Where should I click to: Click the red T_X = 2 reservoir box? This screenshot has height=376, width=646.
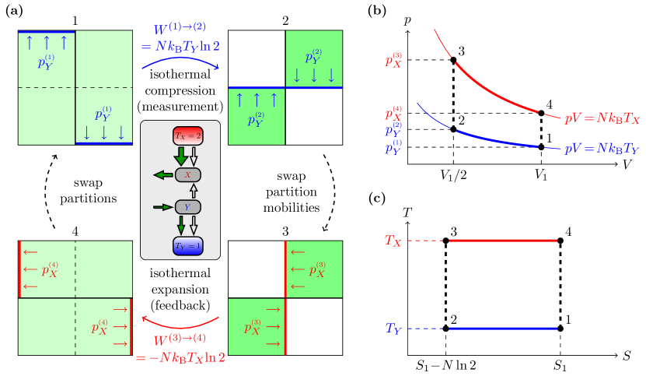coord(187,135)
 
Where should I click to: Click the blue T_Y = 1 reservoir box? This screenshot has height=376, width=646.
coord(187,246)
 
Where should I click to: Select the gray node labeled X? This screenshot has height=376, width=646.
coord(187,175)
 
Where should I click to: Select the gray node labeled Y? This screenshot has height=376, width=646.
coord(187,207)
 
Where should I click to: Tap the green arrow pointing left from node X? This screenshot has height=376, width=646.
coord(163,175)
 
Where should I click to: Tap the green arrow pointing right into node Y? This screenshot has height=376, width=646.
coord(163,207)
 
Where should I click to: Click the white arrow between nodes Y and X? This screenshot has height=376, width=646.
coord(194,191)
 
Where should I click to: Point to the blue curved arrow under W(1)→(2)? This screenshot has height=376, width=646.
coord(180,59)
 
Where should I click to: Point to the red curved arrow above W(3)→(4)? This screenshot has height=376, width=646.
coord(180,323)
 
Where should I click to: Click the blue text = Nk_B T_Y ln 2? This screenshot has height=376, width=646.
coord(180,46)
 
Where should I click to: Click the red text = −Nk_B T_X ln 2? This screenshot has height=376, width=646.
coord(180,357)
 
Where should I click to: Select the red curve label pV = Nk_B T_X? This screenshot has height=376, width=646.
coord(602,118)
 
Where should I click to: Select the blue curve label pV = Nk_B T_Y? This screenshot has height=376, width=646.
coord(602,148)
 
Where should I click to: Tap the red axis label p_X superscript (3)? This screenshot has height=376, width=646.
coord(393,60)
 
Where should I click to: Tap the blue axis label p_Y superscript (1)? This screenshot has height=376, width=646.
coord(393,147)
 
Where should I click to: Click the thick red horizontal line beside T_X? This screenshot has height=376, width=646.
coord(503,241)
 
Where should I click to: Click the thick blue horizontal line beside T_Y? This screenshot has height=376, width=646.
coord(503,329)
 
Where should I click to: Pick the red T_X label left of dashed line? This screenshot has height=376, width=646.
coord(393,241)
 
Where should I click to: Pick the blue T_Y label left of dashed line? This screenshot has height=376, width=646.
coord(393,329)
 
